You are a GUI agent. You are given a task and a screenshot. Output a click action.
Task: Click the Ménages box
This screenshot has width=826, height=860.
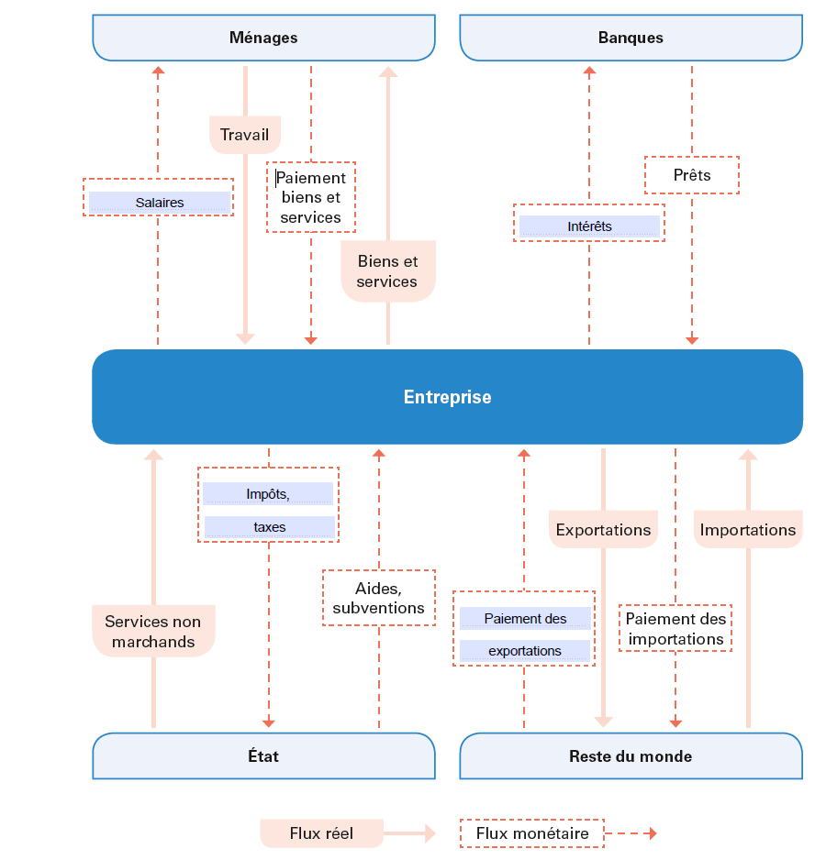click(263, 38)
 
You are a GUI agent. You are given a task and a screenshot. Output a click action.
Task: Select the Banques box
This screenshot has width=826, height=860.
click(631, 38)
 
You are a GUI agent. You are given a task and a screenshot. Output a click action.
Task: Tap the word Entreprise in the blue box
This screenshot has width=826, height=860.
click(448, 397)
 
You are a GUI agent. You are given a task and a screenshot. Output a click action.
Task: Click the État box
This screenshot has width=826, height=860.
click(263, 755)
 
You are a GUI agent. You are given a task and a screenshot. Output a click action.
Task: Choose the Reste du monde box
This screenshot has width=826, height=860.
click(631, 755)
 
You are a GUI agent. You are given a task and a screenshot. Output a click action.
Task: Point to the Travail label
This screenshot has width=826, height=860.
click(245, 135)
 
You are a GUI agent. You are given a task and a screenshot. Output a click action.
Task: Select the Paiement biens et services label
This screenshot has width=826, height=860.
click(311, 197)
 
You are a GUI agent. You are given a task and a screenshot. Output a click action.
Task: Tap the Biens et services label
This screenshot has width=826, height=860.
click(387, 271)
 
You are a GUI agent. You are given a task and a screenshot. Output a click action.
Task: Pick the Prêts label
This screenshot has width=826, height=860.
click(692, 175)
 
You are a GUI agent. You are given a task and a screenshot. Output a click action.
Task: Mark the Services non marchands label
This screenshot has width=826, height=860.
click(153, 631)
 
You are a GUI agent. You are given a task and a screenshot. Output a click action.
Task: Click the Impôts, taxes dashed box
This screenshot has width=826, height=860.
click(269, 504)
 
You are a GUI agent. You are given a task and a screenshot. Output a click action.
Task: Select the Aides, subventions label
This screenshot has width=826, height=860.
click(379, 598)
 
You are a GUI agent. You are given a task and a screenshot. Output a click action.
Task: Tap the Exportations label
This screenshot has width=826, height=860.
click(604, 529)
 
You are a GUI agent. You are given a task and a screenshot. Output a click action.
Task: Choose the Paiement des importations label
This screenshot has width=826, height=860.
click(675, 629)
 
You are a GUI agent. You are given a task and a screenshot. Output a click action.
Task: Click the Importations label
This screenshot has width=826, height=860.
click(748, 529)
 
